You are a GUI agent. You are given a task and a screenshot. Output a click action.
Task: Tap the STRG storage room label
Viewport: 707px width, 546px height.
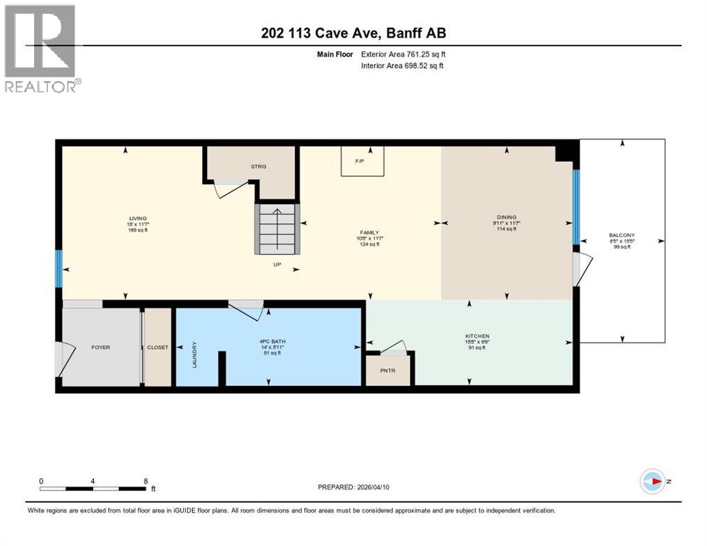[x=258, y=166]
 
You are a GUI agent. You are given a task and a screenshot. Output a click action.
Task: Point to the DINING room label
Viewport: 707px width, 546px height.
[x=506, y=218]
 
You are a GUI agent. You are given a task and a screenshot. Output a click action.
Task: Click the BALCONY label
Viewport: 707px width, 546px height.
[x=622, y=235]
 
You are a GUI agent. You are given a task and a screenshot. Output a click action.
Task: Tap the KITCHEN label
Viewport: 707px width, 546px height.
[x=477, y=336]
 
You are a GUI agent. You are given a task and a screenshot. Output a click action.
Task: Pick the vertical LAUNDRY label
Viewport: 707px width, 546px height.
[x=194, y=354]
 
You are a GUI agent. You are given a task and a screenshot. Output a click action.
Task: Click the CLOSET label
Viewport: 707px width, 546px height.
[x=158, y=347]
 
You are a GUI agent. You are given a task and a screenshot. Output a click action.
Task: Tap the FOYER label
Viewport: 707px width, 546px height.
[x=100, y=347]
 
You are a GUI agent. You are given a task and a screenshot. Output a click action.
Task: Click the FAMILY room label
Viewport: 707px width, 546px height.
[x=368, y=232]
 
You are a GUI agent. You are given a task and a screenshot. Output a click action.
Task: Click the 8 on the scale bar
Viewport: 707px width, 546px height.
[x=146, y=481]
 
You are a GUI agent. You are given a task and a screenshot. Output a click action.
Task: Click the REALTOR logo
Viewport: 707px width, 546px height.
[x=41, y=48]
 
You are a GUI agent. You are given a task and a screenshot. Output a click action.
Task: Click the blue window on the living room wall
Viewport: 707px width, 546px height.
[x=59, y=269]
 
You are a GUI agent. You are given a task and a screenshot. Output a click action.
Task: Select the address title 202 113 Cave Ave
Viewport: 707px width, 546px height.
[x=353, y=33]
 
